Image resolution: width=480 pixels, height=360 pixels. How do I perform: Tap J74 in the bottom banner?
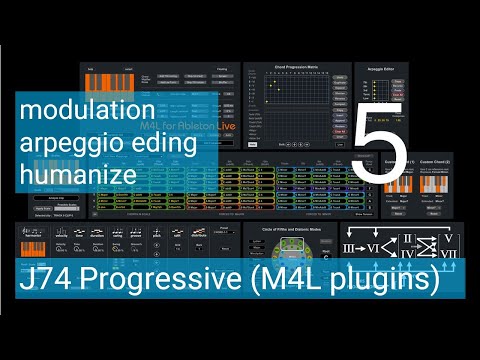(x=43, y=277)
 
